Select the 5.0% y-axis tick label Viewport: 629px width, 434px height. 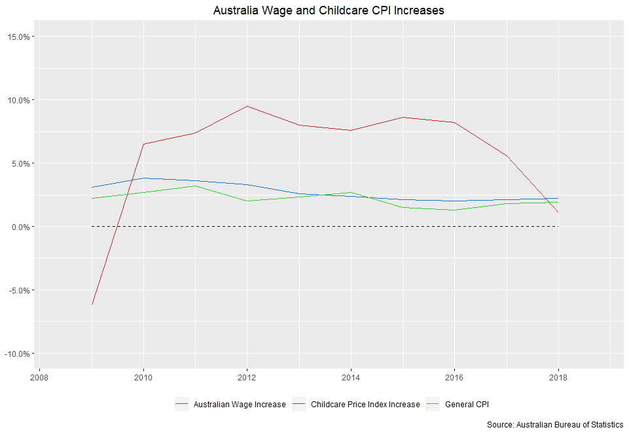[x=20, y=163]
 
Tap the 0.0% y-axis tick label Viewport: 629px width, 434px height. [x=20, y=227]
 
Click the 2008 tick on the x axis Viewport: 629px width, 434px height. [x=40, y=377]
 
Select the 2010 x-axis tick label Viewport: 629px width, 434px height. [x=143, y=377]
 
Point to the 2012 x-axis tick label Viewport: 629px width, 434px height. [x=247, y=377]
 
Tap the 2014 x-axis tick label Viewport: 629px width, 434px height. [x=351, y=377]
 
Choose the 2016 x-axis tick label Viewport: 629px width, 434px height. [x=454, y=377]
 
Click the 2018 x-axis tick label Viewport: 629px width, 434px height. [x=558, y=377]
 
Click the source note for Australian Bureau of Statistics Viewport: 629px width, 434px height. [x=555, y=425]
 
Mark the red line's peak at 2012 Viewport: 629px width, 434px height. [x=247, y=106]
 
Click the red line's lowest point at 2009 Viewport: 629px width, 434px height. [x=92, y=305]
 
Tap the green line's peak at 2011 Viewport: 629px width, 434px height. [x=195, y=186]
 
